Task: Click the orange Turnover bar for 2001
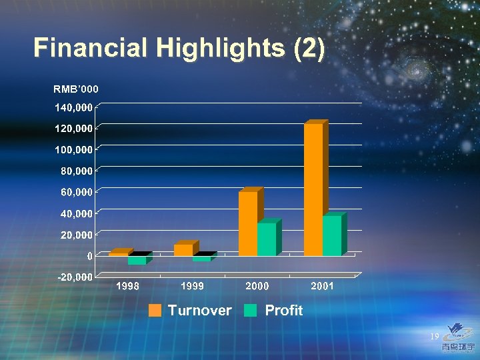click(313, 190)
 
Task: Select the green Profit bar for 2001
click(331, 236)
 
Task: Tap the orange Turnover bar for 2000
click(247, 223)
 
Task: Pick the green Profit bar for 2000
click(266, 239)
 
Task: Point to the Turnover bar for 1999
click(183, 250)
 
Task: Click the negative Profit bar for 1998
click(137, 261)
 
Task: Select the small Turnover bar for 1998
click(118, 254)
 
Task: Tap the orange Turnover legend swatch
click(155, 310)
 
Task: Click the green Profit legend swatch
click(250, 310)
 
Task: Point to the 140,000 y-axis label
click(73, 107)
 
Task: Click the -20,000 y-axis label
click(73, 277)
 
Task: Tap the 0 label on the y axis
click(89, 256)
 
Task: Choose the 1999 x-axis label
click(192, 286)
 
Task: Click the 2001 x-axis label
click(322, 286)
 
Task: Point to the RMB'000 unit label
click(76, 89)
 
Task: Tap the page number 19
click(434, 337)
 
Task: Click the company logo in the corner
click(459, 337)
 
